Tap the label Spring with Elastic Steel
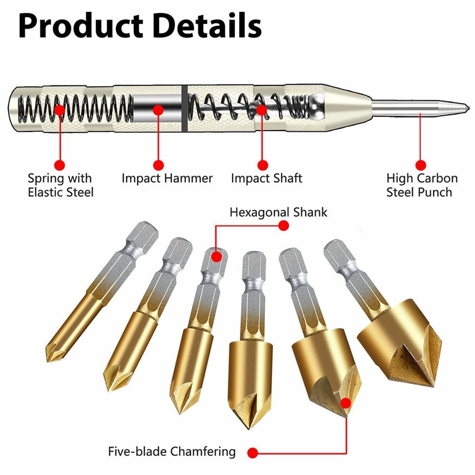click(60, 185)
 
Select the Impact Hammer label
click(167, 178)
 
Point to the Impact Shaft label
click(266, 178)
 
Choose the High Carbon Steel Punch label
click(421, 185)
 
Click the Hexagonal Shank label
click(278, 212)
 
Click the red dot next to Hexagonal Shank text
click(283, 226)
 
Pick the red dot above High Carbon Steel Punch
click(420, 165)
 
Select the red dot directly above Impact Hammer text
click(158, 165)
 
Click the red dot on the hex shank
click(216, 257)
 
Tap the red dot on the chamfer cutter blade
click(347, 404)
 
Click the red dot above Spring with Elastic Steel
click(59, 165)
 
